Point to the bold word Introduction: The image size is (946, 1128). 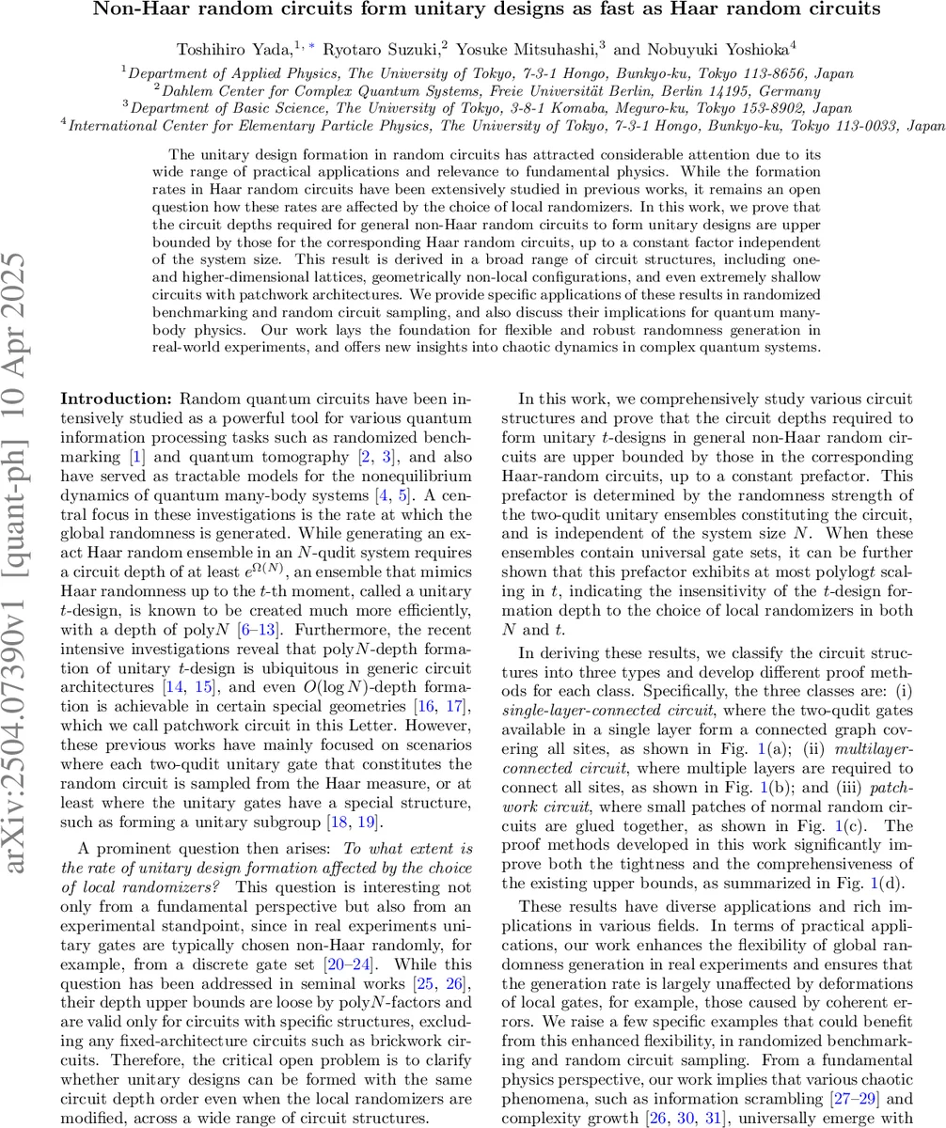point(117,399)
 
